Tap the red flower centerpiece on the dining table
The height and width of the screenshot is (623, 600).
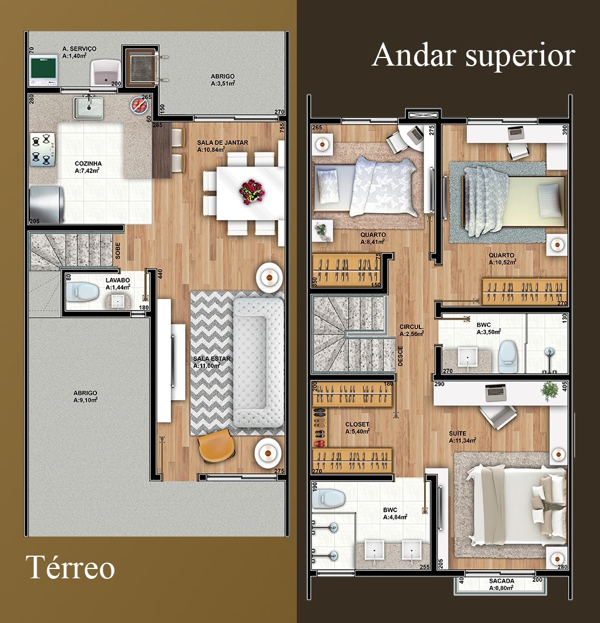coord(251,192)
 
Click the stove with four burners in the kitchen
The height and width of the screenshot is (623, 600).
coord(43,150)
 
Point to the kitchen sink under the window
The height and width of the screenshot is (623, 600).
coord(88,107)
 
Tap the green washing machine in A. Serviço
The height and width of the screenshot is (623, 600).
coord(43,70)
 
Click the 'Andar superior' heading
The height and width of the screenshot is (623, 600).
coord(473,56)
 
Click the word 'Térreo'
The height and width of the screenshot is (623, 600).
coord(70,567)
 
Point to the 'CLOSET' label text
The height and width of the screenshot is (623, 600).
coord(357,424)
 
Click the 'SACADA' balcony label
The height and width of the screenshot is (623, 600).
coord(501,581)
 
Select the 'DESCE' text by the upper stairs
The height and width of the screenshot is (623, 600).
coord(401,355)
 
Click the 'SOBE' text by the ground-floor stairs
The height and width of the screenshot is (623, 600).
coord(118,250)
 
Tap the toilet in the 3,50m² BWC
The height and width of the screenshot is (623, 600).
coord(508,354)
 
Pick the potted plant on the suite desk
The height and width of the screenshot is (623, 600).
coord(548,391)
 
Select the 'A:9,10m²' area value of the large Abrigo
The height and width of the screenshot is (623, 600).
coord(85,401)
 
